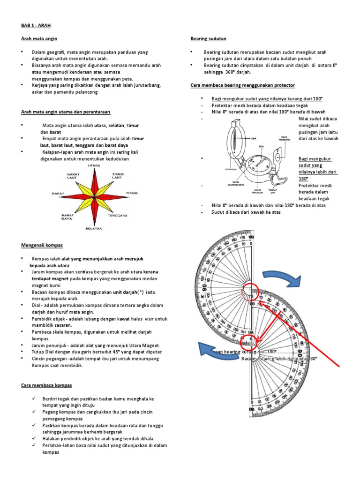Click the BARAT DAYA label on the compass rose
67,217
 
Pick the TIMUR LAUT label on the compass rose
118,176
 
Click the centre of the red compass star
94,192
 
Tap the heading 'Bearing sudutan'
208,38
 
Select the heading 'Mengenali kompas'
42,245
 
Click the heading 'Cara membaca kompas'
46,385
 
